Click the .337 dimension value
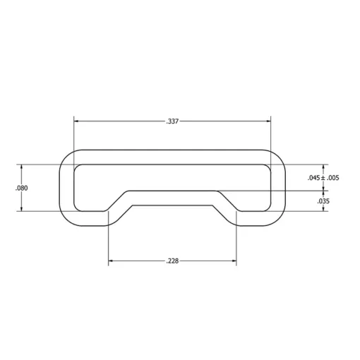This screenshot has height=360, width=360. [172, 121]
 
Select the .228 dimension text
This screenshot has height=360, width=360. [172, 261]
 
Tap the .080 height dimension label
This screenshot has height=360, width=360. [21, 188]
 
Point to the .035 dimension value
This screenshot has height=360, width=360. [323, 201]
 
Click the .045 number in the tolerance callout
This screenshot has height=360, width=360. [314, 178]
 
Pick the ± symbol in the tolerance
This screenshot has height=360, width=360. [323, 178]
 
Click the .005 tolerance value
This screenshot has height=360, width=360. [332, 178]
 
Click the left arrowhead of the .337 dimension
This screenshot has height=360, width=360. [76, 121]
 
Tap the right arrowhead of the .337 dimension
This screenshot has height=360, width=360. [268, 121]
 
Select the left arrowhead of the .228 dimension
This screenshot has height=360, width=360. [111, 260]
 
